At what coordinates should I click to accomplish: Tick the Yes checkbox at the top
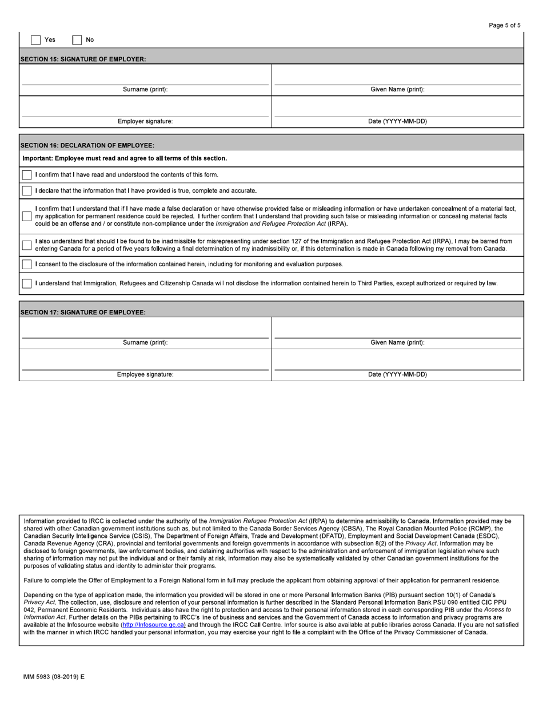click(35, 40)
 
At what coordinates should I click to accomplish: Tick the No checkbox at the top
click(77, 40)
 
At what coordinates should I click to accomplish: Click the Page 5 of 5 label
click(505, 25)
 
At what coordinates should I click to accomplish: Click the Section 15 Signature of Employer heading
click(83, 59)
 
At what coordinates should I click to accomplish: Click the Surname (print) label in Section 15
click(145, 90)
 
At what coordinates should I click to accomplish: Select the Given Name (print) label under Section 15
click(397, 90)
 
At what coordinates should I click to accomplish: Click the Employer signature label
click(145, 121)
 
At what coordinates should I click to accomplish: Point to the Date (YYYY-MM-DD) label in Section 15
click(397, 121)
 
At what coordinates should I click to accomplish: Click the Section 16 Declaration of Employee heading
click(87, 146)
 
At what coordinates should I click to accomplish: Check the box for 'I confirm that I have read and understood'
click(27, 175)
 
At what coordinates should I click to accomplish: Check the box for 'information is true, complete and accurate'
click(27, 191)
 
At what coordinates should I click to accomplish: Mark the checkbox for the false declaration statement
click(27, 216)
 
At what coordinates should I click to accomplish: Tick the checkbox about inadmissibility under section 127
click(27, 245)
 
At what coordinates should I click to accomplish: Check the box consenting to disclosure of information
click(27, 264)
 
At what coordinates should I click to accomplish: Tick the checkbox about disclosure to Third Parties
click(27, 283)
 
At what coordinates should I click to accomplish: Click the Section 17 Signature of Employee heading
click(83, 312)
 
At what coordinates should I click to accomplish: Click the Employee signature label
click(145, 374)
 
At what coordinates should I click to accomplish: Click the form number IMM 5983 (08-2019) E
click(53, 677)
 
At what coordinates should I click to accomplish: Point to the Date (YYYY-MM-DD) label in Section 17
click(397, 374)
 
